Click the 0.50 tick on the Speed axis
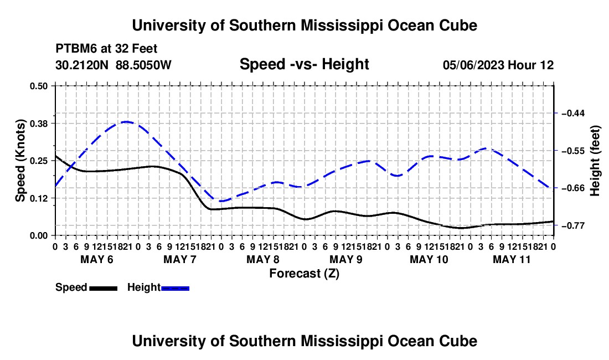click(x=38, y=86)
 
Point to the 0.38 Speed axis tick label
click(x=38, y=124)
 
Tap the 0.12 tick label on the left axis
click(x=38, y=198)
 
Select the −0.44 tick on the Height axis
click(x=573, y=113)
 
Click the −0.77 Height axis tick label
click(x=573, y=225)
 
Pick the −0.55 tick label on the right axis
click(x=573, y=151)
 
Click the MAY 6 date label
click(x=97, y=259)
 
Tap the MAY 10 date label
click(x=429, y=259)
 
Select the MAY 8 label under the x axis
click(x=263, y=259)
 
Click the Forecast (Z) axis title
click(x=304, y=274)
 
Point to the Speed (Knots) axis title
click(x=20, y=161)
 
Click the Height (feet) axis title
click(x=595, y=161)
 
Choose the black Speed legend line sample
click(x=104, y=288)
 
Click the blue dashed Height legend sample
click(x=175, y=288)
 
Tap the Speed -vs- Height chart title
click(x=304, y=64)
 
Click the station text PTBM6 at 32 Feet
click(x=106, y=49)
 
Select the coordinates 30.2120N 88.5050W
click(x=113, y=65)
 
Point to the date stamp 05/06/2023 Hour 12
click(x=498, y=65)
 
